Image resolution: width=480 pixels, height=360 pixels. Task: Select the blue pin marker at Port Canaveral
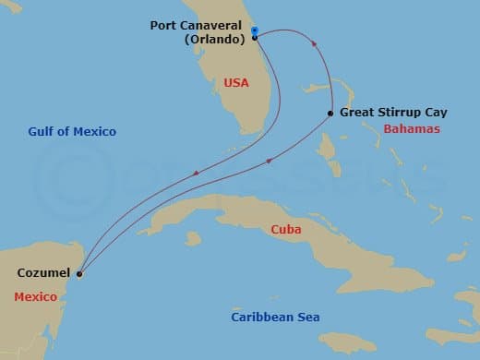(x=255, y=31)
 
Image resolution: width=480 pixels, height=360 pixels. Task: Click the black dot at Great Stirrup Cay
(x=330, y=114)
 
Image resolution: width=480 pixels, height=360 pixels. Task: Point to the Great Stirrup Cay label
(x=393, y=113)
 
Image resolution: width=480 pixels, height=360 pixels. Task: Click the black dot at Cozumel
(x=79, y=273)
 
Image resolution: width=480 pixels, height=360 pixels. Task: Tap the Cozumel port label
(x=42, y=273)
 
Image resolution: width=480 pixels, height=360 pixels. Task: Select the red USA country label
(x=235, y=83)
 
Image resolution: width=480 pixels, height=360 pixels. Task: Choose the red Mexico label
(x=35, y=297)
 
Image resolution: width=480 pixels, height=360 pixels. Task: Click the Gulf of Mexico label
(x=71, y=132)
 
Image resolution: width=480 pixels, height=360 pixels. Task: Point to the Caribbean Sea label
(x=275, y=318)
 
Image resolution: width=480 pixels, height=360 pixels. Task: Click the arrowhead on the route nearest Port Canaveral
(x=316, y=44)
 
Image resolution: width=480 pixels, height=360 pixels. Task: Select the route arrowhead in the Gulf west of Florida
(x=196, y=174)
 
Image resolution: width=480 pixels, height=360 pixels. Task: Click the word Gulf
(x=40, y=132)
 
